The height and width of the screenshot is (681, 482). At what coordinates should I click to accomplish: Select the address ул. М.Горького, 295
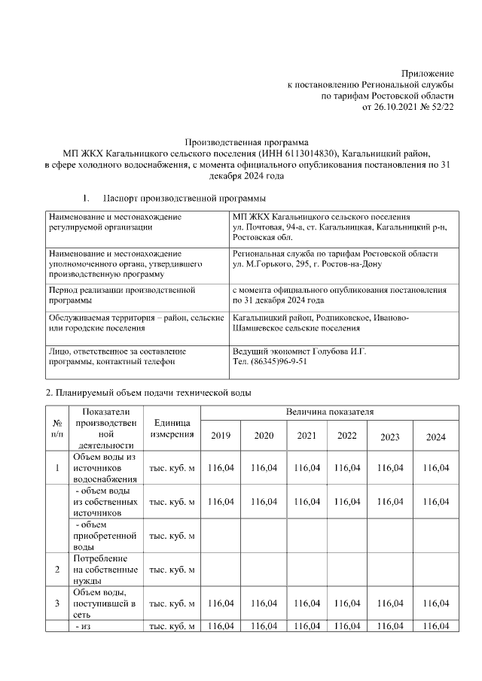pyautogui.click(x=269, y=265)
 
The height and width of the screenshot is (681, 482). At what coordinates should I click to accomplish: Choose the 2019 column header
pyautogui.click(x=221, y=436)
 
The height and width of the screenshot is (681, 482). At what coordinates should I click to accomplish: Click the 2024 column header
pyautogui.click(x=435, y=437)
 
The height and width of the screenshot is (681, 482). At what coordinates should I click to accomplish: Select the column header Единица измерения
pyautogui.click(x=174, y=429)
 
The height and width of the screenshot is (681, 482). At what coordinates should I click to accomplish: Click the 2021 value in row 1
pyautogui.click(x=307, y=468)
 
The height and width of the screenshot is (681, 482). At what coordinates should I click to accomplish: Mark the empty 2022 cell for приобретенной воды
pyautogui.click(x=346, y=536)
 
